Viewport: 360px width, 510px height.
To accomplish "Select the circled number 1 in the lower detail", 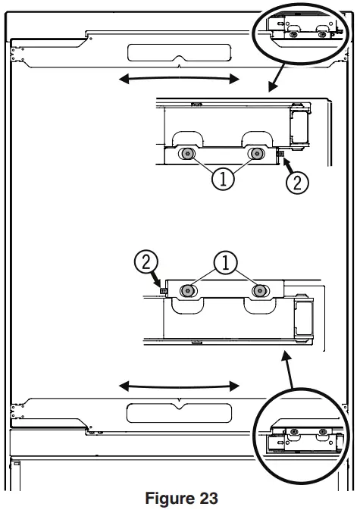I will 224,264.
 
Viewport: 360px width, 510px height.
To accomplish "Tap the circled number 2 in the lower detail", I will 145,263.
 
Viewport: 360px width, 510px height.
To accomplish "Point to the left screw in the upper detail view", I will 185,154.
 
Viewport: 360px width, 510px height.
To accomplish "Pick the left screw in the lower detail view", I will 186,290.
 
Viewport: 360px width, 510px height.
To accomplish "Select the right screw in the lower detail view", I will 261,290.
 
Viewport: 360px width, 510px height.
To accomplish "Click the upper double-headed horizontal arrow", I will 179,78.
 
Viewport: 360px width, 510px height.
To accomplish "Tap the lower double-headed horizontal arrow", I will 179,386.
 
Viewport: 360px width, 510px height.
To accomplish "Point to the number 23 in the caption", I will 206,498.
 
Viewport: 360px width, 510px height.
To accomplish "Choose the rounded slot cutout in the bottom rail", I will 178,412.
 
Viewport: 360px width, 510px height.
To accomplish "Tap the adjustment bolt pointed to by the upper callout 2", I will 281,155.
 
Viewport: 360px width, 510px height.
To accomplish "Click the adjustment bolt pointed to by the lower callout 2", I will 163,290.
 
